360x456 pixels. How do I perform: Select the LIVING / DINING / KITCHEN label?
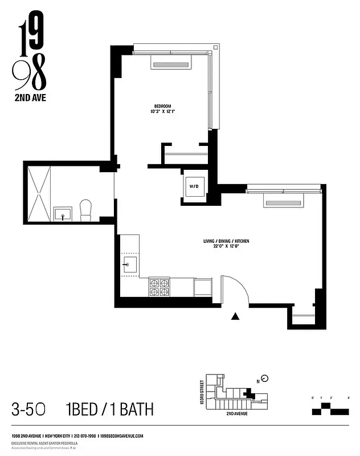pyautogui.click(x=226, y=241)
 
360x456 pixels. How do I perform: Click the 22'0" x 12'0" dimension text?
pyautogui.click(x=226, y=247)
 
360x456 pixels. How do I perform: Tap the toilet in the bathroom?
pyautogui.click(x=86, y=210)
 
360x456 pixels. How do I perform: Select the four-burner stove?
pyautogui.click(x=160, y=287)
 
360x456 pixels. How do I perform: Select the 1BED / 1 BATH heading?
pyautogui.click(x=109, y=409)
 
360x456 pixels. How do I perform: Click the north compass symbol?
pyautogui.click(x=264, y=378)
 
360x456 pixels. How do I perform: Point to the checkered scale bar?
pyautogui.click(x=330, y=409)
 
